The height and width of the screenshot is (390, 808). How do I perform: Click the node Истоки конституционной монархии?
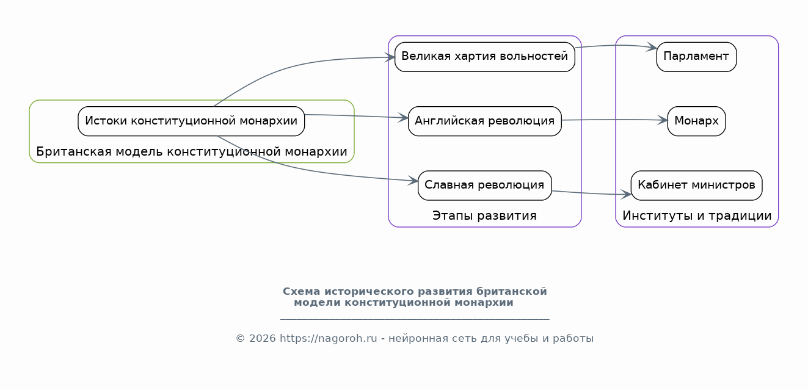tap(191, 121)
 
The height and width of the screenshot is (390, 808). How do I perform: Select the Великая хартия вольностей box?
tap(485, 57)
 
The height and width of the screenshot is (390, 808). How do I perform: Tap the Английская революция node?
tap(485, 121)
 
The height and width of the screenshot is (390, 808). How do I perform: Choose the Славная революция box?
tap(485, 186)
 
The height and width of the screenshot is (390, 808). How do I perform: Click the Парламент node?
tap(696, 57)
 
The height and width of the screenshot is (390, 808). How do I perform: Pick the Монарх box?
tap(696, 121)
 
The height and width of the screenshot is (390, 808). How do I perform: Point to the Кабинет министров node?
tap(696, 186)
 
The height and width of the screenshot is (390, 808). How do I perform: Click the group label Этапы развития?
tap(484, 215)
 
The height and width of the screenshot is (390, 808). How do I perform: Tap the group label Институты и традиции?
tap(697, 215)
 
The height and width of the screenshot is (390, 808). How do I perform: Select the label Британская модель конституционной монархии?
tap(192, 151)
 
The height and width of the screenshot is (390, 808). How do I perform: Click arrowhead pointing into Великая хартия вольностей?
tap(390, 57)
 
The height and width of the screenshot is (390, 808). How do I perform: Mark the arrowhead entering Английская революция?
tap(403, 118)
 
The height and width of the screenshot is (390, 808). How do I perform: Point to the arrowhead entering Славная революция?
tap(413, 181)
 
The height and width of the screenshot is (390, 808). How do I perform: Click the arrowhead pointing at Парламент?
tap(652, 47)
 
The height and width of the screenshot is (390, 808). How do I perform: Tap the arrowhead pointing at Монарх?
tap(662, 120)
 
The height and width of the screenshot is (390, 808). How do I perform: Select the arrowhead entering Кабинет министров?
tap(626, 195)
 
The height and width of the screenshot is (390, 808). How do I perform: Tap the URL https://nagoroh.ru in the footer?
tap(328, 339)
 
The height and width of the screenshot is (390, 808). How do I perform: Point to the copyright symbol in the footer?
tap(241, 339)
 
